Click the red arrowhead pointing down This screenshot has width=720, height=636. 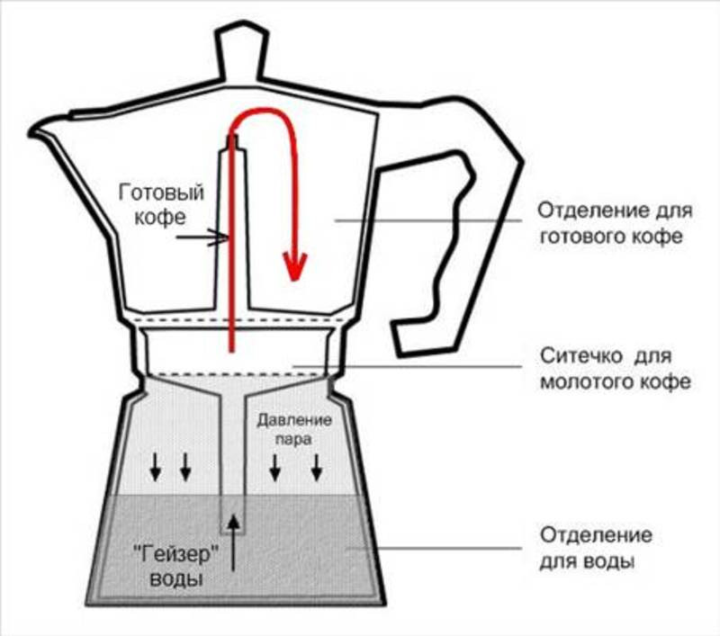(x=295, y=265)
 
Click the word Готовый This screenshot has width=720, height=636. (x=161, y=193)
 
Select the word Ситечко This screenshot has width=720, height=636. (x=580, y=356)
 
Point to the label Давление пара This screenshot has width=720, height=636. (x=294, y=429)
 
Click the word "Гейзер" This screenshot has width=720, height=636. (x=175, y=555)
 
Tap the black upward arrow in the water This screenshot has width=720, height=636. (x=234, y=542)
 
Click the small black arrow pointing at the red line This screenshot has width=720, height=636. (x=202, y=237)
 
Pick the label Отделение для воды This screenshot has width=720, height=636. (x=596, y=549)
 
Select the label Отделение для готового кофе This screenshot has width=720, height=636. (x=615, y=223)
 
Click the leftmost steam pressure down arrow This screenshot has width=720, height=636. (x=156, y=467)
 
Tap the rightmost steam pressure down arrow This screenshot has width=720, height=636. (x=317, y=467)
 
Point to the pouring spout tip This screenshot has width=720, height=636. (x=31, y=132)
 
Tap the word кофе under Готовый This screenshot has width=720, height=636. (x=160, y=217)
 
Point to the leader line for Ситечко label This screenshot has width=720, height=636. (x=408, y=367)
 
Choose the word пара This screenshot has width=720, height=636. (x=293, y=440)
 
